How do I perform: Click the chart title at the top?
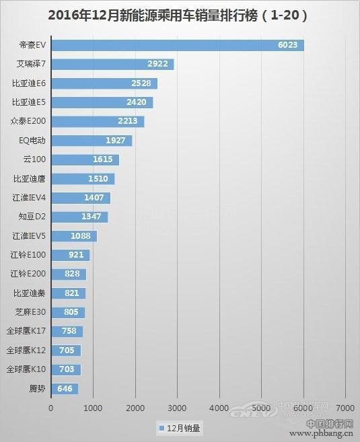[179, 15]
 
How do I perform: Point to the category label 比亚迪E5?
[29, 102]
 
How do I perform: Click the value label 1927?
[117, 141]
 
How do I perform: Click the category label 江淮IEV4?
[29, 198]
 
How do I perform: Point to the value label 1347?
[93, 217]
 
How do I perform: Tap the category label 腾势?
[37, 388]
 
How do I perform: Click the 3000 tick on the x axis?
[177, 408]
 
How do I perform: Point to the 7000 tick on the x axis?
[345, 408]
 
